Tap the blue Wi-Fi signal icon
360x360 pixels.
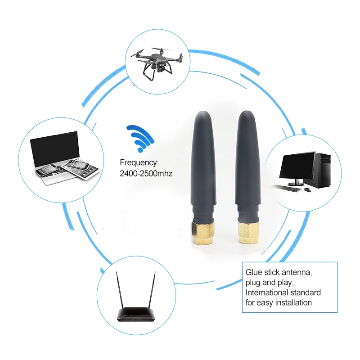coord(140,137)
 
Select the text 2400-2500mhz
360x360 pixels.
coord(146,173)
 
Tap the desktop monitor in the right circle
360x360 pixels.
coord(297,166)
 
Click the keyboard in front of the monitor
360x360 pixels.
coord(288,187)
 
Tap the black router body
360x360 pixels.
coord(137,315)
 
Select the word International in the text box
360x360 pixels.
coord(265,292)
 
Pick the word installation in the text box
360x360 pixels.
coord(291,302)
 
